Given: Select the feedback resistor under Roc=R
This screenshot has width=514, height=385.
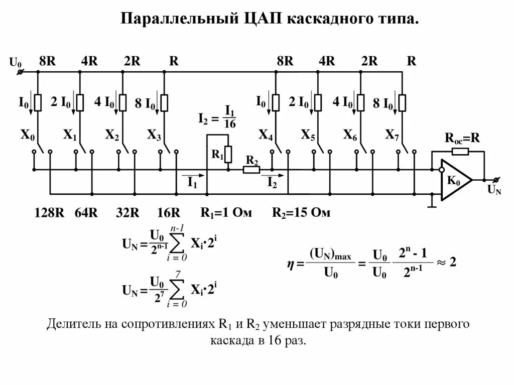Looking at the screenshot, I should (x=460, y=151).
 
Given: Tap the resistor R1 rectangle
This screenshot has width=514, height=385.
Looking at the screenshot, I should (x=228, y=154).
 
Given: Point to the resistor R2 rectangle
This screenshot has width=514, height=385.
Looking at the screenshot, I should (x=251, y=170).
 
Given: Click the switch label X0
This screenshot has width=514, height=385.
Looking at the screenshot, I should (x=28, y=135).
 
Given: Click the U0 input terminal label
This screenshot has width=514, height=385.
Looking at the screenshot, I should (x=16, y=63).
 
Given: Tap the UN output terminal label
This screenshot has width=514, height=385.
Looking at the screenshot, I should (x=494, y=190).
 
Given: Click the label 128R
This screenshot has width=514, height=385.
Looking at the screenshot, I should (x=49, y=212).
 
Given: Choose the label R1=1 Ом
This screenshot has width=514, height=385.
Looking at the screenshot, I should (x=226, y=212).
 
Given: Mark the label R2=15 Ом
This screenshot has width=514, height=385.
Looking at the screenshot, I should (x=301, y=212).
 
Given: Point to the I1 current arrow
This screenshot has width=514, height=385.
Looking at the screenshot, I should (x=193, y=177).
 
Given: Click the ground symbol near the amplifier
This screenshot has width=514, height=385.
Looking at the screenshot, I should (x=431, y=205).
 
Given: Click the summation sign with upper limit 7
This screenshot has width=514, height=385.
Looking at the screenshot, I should (x=176, y=289).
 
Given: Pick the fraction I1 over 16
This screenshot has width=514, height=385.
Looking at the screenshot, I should (x=230, y=117).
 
